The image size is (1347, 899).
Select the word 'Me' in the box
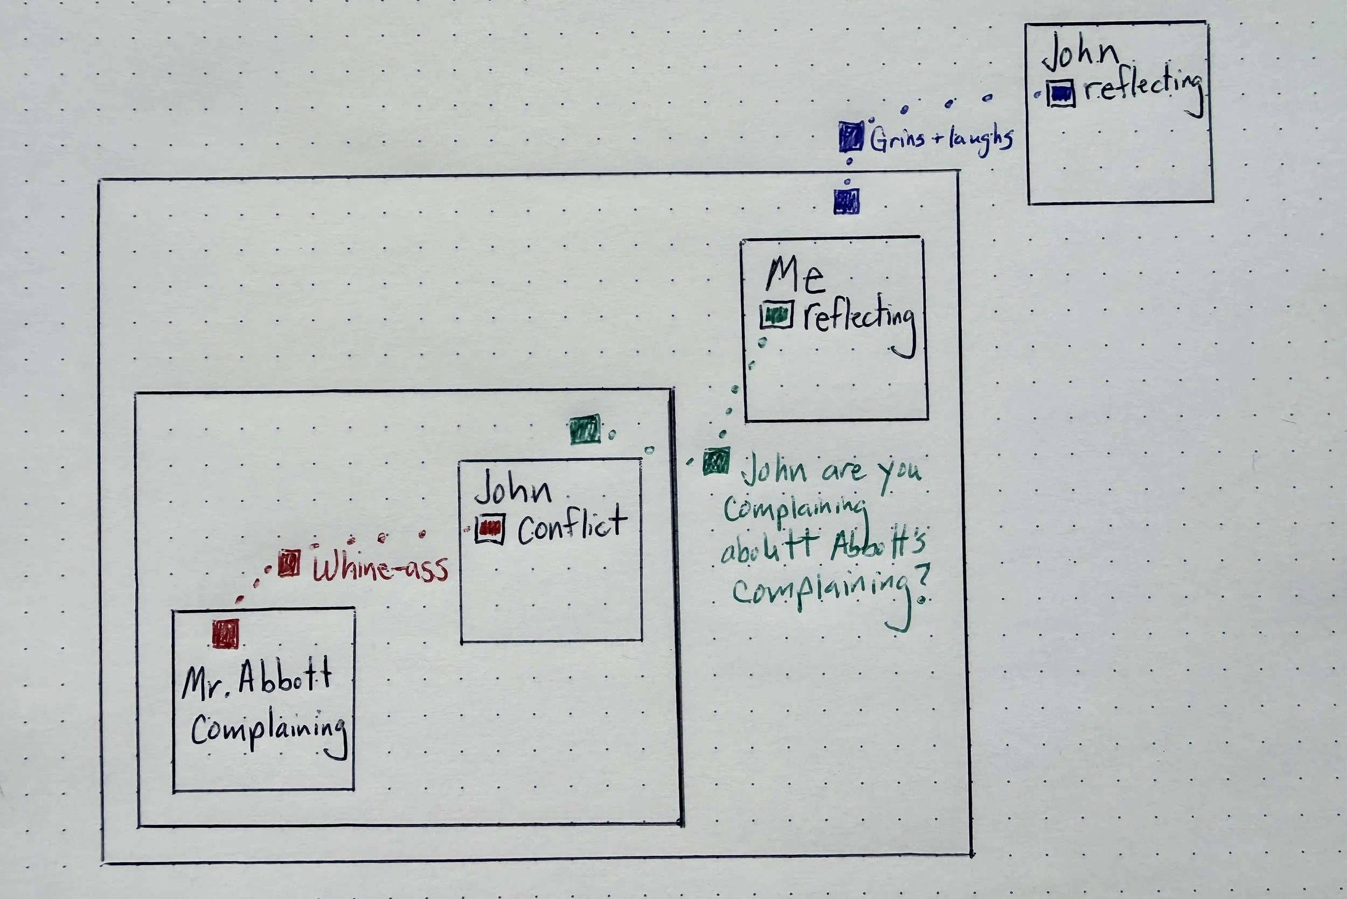click(x=795, y=276)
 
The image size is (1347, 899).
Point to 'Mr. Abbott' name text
click(x=256, y=679)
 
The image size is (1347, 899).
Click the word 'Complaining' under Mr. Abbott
click(x=268, y=731)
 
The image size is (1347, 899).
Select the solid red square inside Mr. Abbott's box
click(x=225, y=634)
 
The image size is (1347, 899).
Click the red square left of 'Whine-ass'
click(x=289, y=563)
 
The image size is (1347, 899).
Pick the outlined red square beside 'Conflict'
click(x=490, y=529)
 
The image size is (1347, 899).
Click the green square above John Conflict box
click(x=585, y=430)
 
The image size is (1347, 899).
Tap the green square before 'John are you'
click(x=717, y=461)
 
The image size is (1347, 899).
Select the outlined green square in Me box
click(x=777, y=315)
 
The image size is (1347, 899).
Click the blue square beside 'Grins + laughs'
click(x=851, y=136)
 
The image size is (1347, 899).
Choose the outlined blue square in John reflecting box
click(x=1061, y=93)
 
